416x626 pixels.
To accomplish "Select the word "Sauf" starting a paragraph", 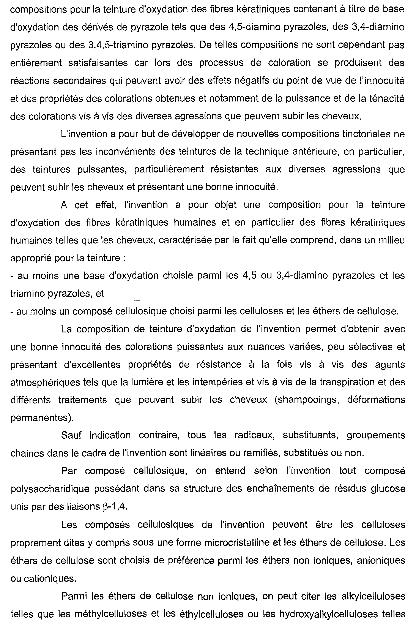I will tap(71, 435).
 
